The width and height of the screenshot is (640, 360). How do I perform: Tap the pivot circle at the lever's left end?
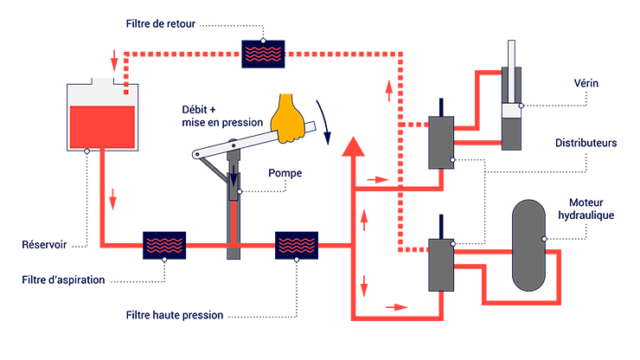click(197, 156)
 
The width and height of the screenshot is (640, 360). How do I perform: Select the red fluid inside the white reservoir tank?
click(102, 126)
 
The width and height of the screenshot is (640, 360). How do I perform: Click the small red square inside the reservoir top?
click(126, 91)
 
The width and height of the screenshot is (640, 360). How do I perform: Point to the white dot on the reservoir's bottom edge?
click(86, 151)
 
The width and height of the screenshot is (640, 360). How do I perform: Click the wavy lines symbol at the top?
click(263, 54)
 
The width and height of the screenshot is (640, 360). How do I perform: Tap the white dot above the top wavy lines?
click(263, 41)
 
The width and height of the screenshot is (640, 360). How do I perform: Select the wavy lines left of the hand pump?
click(164, 244)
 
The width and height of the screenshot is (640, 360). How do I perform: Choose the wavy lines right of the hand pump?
click(297, 244)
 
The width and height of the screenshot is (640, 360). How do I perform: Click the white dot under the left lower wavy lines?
click(164, 259)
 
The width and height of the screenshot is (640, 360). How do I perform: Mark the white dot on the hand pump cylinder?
click(240, 191)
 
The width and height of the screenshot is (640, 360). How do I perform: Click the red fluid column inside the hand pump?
click(234, 225)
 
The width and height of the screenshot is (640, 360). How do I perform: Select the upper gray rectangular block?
click(441, 141)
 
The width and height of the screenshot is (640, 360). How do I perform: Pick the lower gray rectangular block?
click(441, 264)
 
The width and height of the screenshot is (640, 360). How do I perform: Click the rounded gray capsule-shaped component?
click(528, 246)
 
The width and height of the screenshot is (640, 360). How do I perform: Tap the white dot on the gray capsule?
click(544, 239)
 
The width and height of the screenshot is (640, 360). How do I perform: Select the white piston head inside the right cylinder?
click(511, 111)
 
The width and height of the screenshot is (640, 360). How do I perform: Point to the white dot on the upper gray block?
click(453, 161)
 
